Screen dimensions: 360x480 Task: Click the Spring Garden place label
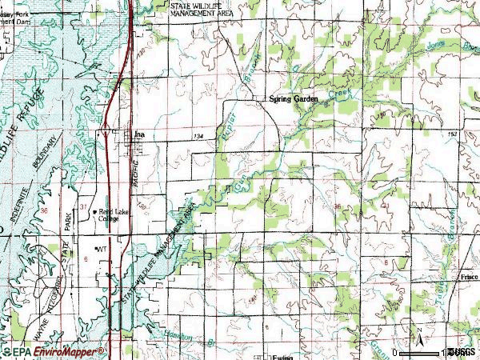coord(294,98)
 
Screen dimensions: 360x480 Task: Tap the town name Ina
coord(141,134)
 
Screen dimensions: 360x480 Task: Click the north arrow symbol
coord(416,334)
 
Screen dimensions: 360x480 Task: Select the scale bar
coord(424,351)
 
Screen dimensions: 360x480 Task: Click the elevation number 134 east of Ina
coord(198,137)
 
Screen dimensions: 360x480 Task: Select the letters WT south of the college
coord(101,250)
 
